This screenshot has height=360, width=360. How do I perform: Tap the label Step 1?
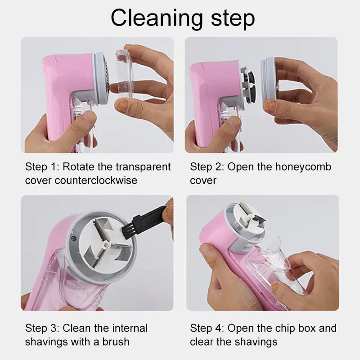(x=42, y=167)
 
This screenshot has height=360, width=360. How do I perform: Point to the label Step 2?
(x=207, y=167)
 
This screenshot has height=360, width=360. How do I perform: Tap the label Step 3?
(x=42, y=328)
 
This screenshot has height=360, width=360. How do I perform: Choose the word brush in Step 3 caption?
(x=114, y=342)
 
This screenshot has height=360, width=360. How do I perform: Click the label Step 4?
(x=207, y=328)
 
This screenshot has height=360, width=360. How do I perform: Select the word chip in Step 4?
(x=293, y=328)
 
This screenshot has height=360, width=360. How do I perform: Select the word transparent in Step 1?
(x=142, y=167)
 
